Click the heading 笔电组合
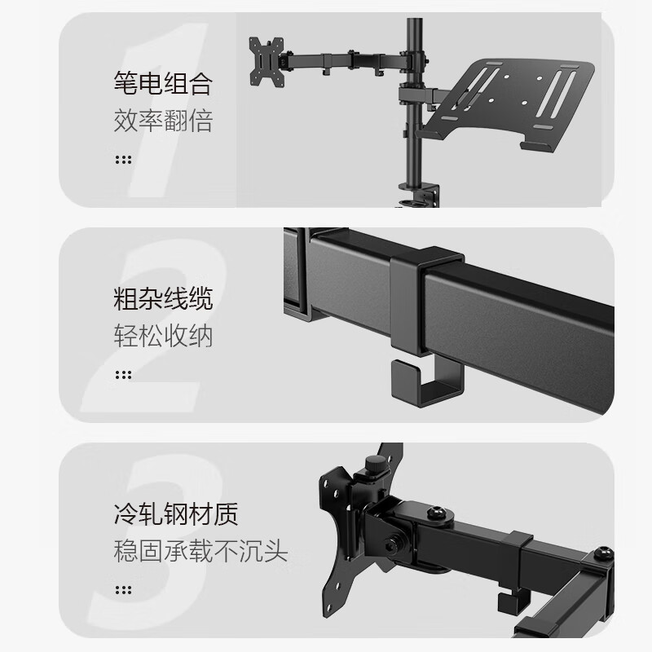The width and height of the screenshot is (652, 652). (163, 83)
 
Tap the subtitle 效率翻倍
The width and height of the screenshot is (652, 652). (163, 121)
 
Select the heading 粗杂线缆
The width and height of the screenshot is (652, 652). (163, 298)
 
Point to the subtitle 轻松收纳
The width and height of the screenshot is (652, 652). (163, 336)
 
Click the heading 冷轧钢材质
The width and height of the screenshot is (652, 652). (176, 515)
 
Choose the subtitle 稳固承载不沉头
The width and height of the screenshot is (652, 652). (200, 552)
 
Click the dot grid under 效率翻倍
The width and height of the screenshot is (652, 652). (123, 159)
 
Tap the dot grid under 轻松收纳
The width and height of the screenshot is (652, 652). (123, 375)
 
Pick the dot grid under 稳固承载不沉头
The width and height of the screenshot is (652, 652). (123, 590)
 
